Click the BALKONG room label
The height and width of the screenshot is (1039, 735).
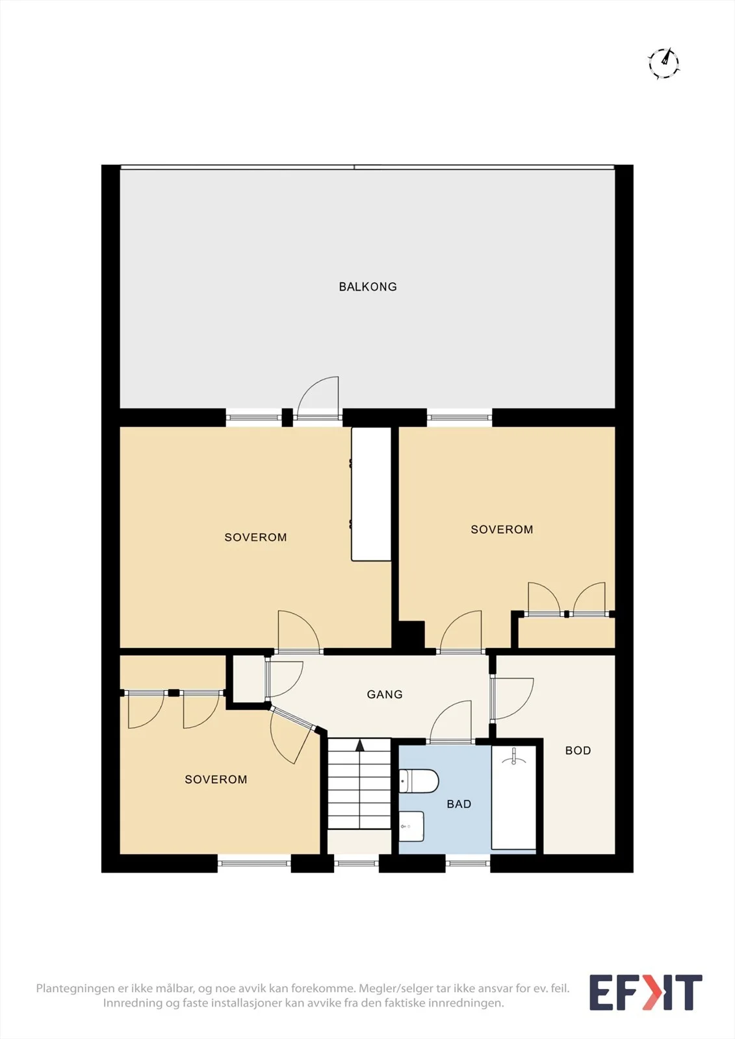tap(368, 286)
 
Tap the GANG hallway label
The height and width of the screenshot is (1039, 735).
tap(385, 694)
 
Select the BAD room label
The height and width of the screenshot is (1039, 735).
tap(459, 805)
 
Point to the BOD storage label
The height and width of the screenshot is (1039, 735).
tap(578, 751)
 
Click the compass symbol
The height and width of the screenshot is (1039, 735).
tap(664, 63)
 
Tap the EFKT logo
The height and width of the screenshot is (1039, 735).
tap(645, 993)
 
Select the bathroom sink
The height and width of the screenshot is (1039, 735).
tap(411, 827)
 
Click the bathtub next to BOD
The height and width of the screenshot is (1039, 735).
tap(513, 797)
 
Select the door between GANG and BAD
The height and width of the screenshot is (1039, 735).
tap(451, 721)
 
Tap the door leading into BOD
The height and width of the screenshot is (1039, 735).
tap(512, 699)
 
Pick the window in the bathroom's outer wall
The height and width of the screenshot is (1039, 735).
tap(468, 863)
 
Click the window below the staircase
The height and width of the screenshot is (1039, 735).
tap(356, 863)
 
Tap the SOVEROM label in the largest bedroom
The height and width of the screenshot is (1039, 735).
tap(255, 537)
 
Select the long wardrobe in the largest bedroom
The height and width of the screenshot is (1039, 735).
tap(371, 494)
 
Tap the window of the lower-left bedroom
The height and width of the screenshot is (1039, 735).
tap(254, 863)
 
